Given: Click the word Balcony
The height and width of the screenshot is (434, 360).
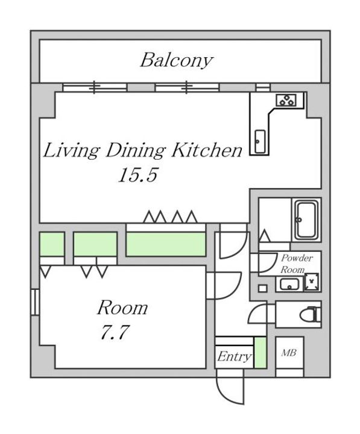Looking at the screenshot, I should click(x=176, y=60).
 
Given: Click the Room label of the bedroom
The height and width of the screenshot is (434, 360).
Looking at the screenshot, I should click(x=122, y=308).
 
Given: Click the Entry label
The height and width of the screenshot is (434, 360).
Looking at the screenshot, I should click(x=233, y=357).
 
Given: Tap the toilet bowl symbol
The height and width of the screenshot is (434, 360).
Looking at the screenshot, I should click(x=310, y=314).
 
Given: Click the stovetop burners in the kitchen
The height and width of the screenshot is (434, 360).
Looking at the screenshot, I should click(x=286, y=101).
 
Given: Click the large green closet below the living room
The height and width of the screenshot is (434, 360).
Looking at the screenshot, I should click(x=166, y=243).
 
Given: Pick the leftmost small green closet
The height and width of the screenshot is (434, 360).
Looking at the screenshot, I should click(x=52, y=244).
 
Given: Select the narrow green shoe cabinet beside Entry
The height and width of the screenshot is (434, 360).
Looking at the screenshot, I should click(x=260, y=353).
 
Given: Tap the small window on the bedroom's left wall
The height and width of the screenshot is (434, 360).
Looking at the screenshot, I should click(x=34, y=302).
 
